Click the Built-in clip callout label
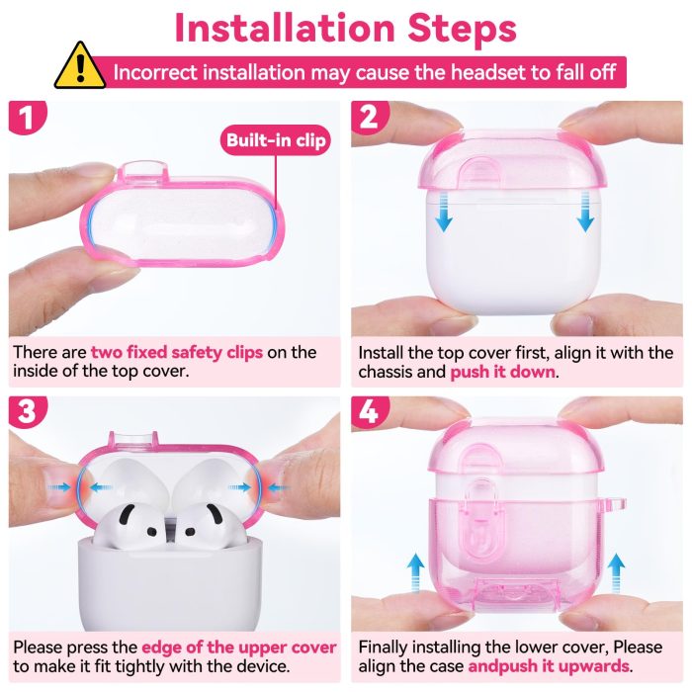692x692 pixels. click(x=276, y=140)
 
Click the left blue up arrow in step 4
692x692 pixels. click(x=416, y=570)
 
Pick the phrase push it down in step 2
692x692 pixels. click(x=503, y=373)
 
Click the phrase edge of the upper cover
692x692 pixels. click(x=238, y=649)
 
